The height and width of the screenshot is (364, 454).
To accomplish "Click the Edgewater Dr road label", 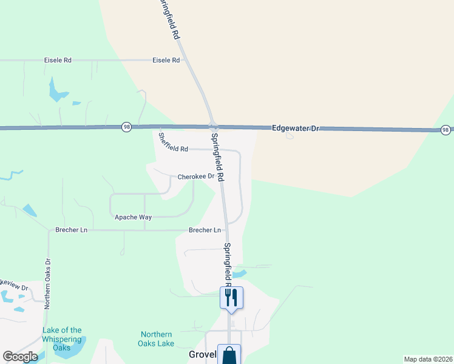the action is coord(296,129).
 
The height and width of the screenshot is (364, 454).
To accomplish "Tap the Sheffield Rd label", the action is coord(173,143).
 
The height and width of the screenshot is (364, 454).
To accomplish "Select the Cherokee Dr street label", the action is coord(196,177).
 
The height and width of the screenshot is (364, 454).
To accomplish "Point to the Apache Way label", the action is coord(133,217).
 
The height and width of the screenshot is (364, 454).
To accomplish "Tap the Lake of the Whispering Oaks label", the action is coord(62,339).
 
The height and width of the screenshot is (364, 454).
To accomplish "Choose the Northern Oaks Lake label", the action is coord(157,339).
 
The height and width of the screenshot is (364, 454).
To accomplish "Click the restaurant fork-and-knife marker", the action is coord(231,297).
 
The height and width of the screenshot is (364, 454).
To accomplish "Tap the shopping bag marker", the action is coord(229,355).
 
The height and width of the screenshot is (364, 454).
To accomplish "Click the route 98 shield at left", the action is coord(126,126).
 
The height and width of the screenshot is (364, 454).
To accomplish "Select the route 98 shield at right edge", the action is coord(446,130).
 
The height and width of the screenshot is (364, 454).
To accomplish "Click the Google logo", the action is coord(20,357).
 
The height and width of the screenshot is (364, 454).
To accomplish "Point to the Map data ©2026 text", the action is coord(428,359).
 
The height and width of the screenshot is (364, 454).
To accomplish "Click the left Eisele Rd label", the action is coord(58,61).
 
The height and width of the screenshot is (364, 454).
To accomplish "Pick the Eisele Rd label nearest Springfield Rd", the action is coord(166,61).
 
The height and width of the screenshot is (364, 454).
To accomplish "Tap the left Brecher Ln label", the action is coord(72,231).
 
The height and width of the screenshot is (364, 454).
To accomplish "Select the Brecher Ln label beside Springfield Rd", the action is coord(205,231).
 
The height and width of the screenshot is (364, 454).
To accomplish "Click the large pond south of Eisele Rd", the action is coord(58,91).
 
